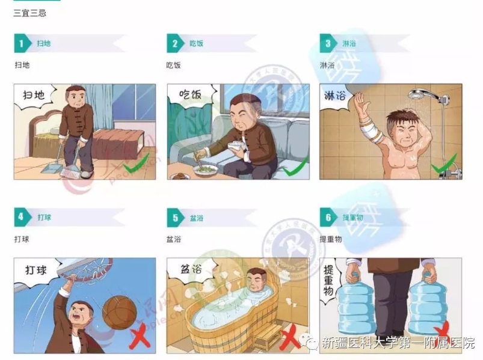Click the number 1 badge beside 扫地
(21, 43)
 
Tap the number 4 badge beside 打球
(21, 217)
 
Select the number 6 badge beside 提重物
(328, 217)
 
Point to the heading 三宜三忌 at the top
(29, 13)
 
